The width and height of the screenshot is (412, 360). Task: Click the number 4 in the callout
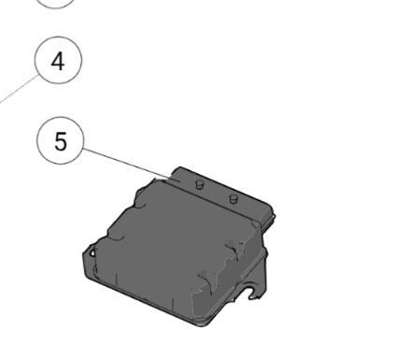[x=58, y=61]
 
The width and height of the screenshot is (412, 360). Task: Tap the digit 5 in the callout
[x=61, y=141]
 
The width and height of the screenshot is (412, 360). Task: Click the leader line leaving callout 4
[x=19, y=89]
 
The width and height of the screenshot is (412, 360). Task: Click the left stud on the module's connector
[x=199, y=184]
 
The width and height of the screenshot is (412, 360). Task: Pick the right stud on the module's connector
[x=234, y=198]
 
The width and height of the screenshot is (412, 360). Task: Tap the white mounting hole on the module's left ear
[x=92, y=252]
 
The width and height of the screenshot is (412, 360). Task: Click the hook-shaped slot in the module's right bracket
[x=252, y=293]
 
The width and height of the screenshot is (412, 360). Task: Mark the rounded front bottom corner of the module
[x=202, y=323]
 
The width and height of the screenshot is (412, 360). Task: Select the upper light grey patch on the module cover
[x=231, y=243]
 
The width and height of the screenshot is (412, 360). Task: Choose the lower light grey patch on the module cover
[x=204, y=273]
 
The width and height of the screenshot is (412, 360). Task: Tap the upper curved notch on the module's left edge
[x=140, y=204]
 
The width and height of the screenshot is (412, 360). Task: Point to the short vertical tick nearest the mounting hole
[x=116, y=280]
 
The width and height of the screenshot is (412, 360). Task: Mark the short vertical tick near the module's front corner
[x=173, y=305]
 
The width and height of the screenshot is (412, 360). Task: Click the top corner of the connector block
[x=180, y=167]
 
